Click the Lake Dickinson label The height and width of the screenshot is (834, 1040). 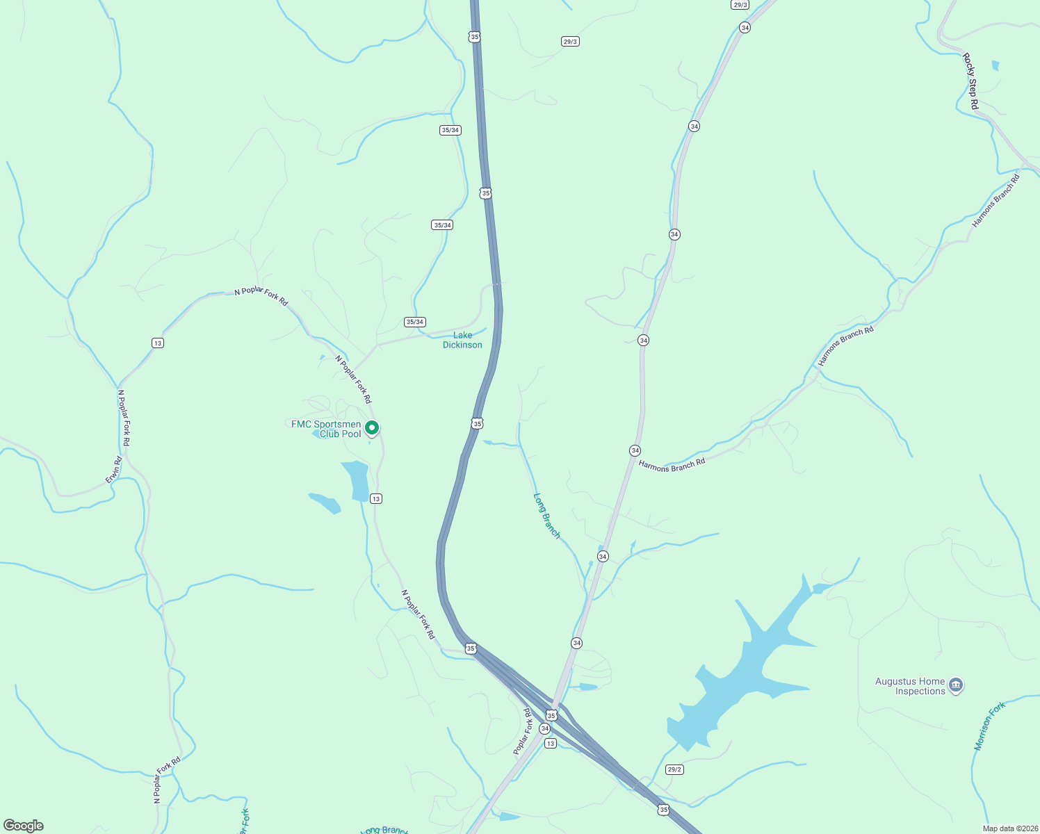point(462,340)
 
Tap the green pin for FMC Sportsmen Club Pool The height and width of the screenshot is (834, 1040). point(372,428)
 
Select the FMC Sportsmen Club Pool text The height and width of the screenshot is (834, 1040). point(327,429)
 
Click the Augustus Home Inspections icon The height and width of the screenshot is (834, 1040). point(956,686)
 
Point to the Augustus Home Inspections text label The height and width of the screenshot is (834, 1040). point(910,686)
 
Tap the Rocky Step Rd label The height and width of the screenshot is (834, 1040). point(970,81)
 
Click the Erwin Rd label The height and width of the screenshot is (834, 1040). point(113,470)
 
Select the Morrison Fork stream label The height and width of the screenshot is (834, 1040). point(989,726)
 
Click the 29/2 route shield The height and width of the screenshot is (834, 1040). point(674,769)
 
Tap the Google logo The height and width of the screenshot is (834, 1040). point(24,826)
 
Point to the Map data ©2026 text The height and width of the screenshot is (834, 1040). point(1009,828)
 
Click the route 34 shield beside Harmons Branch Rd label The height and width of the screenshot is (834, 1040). point(635,450)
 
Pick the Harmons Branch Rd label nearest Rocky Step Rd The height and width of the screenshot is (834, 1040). point(996,201)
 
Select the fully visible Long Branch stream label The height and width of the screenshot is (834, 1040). point(546,515)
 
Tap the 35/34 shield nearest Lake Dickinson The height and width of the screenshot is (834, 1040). point(415,322)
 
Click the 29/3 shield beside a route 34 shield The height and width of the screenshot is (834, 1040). point(740,5)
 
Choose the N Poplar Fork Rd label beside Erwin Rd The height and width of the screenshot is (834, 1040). point(124,418)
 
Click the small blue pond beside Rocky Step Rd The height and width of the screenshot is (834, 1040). point(996,66)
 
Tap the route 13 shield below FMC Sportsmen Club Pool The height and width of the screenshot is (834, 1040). point(376,498)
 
